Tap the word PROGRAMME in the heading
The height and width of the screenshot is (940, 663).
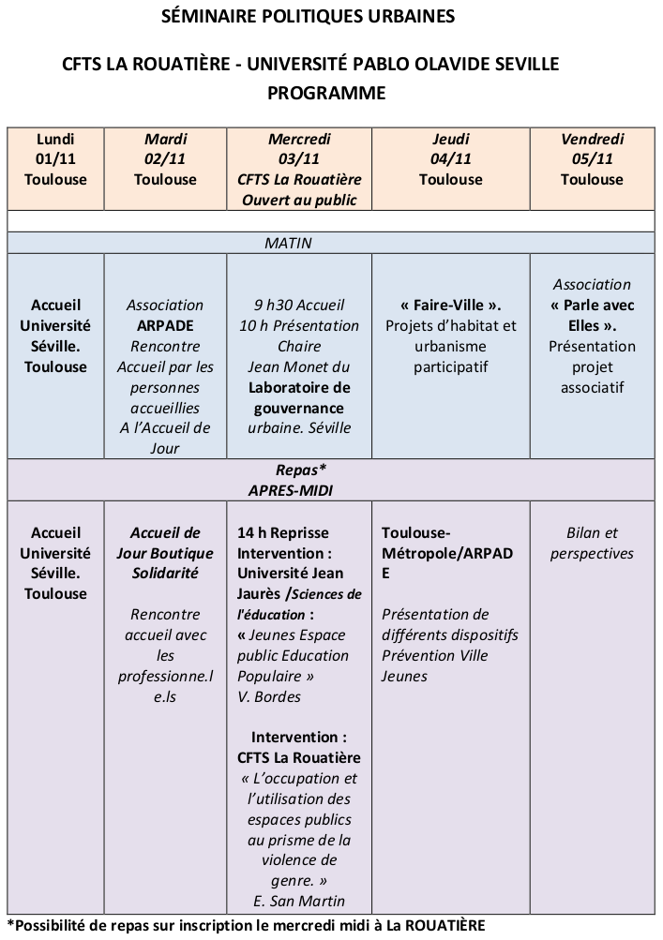click(x=326, y=93)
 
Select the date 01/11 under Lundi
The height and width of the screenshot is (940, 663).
click(x=55, y=159)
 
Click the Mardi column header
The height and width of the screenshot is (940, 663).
click(x=166, y=139)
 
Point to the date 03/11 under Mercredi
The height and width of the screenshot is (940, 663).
click(x=299, y=159)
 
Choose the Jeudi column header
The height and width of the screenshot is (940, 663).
click(x=451, y=139)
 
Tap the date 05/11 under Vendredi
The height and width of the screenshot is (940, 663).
click(x=593, y=159)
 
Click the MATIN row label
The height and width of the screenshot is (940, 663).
click(x=288, y=243)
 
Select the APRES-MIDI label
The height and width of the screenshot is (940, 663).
click(x=291, y=490)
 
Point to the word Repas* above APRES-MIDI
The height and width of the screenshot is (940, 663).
click(x=301, y=470)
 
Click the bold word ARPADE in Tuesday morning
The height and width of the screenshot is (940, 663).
click(x=165, y=325)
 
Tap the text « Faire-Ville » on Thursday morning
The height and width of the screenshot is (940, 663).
click(x=451, y=306)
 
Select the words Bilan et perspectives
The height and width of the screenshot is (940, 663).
click(x=593, y=544)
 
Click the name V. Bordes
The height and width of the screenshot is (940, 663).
click(x=269, y=696)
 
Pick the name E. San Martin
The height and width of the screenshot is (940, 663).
click(x=299, y=901)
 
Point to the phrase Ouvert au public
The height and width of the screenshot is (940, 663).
click(x=299, y=200)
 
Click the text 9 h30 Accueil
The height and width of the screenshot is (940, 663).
click(x=299, y=306)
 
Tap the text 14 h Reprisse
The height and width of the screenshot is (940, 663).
click(x=282, y=533)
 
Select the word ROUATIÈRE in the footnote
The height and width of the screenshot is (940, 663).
click(x=445, y=925)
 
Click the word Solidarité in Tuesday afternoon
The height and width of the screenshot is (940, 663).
click(x=165, y=574)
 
